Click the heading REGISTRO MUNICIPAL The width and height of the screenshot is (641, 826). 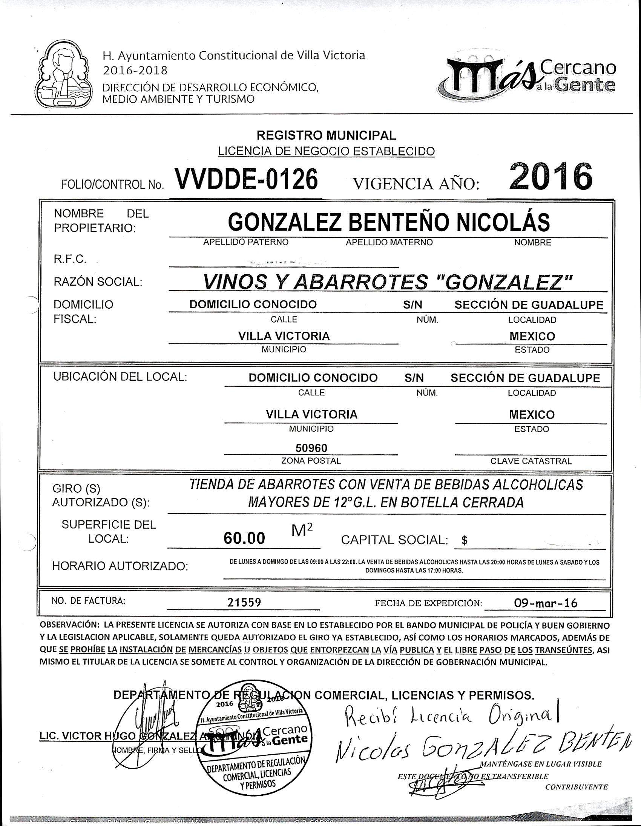pos(326,135)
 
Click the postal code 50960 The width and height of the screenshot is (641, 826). pos(311,448)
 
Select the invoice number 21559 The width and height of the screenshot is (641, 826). pos(244,603)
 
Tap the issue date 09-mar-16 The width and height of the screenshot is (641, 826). pos(546,603)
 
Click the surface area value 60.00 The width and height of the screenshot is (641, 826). pos(244,538)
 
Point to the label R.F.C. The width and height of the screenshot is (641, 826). pos(70,260)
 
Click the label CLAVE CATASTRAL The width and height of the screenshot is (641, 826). pos(531,461)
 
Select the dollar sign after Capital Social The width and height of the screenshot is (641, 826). pos(465,541)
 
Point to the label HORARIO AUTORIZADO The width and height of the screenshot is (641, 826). pos(120,566)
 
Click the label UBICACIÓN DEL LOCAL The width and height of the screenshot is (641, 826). pos(120,377)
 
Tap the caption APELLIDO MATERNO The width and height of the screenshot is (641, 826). pos(389,242)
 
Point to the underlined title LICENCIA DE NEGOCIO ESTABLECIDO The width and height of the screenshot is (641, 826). pos(326,151)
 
